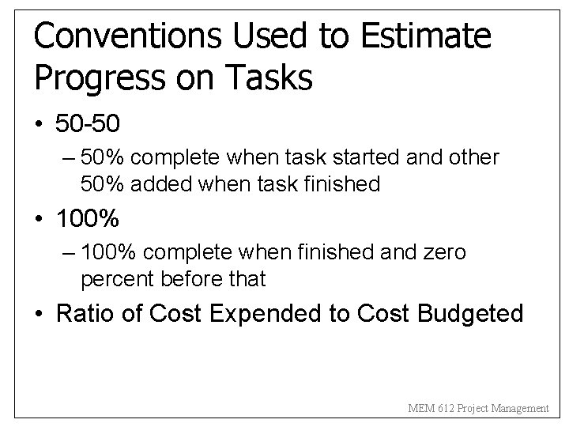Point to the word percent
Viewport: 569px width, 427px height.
[x=119, y=279]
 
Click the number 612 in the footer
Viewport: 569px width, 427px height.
[x=441, y=408]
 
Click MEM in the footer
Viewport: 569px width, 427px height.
[x=419, y=408]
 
